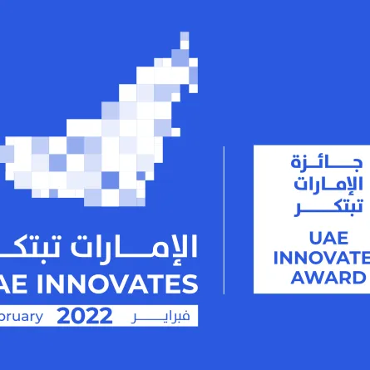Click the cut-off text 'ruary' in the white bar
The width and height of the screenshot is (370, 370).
[x=21, y=317]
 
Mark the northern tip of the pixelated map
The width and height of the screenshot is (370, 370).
[x=185, y=37]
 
